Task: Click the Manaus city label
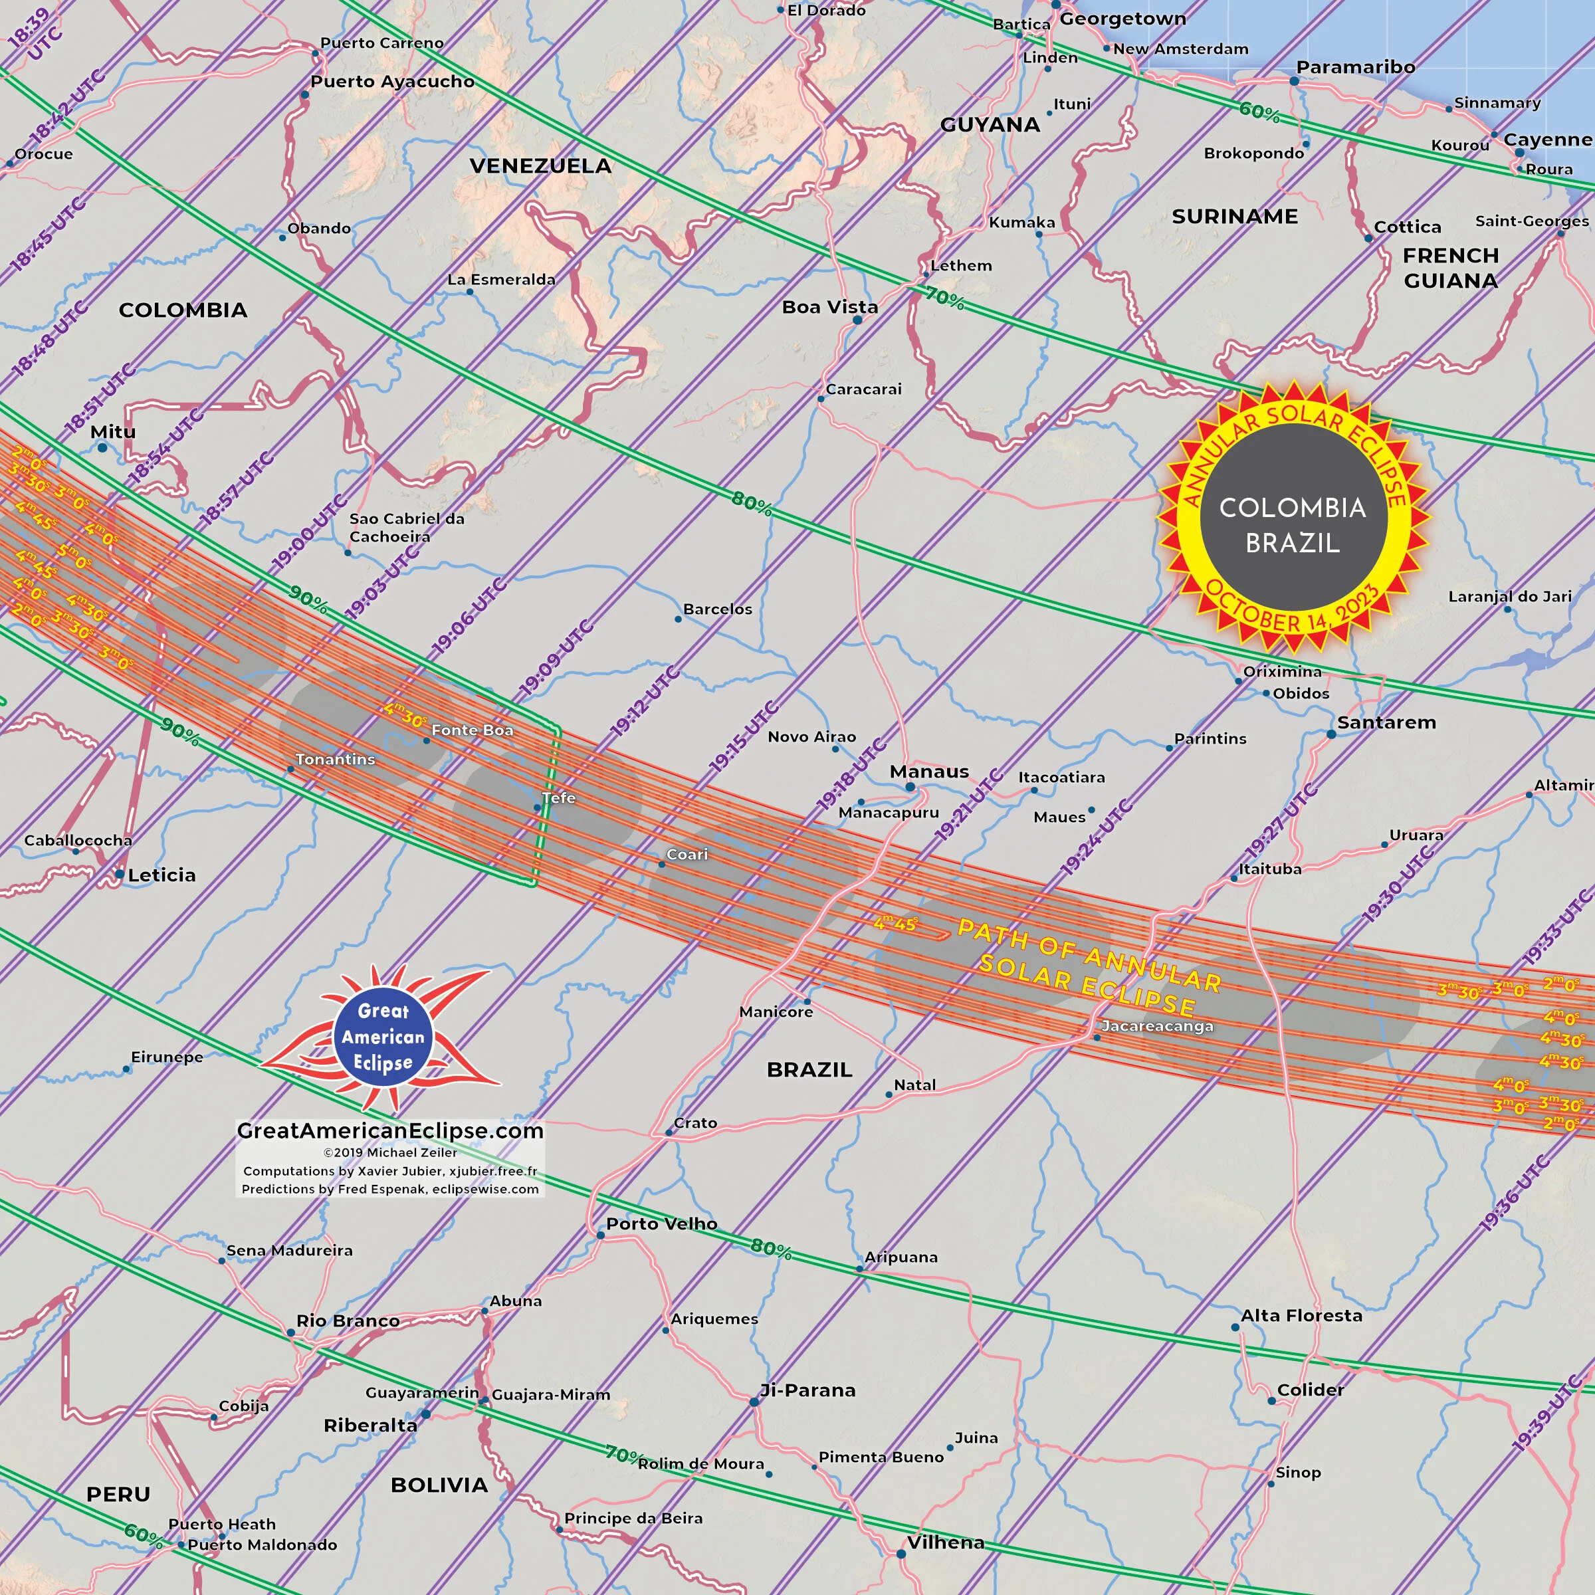pos(929,772)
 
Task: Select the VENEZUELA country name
pos(541,166)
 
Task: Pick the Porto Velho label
pos(661,1223)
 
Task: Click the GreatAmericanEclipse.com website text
pos(389,1130)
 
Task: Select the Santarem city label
pos(1386,722)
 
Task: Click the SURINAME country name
pos(1234,216)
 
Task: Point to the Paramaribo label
pos(1355,67)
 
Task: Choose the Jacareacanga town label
pos(1156,1026)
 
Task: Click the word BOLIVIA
pos(439,1485)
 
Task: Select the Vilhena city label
pos(945,1542)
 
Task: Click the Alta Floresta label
pos(1301,1315)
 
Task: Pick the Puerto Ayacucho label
pos(392,81)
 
